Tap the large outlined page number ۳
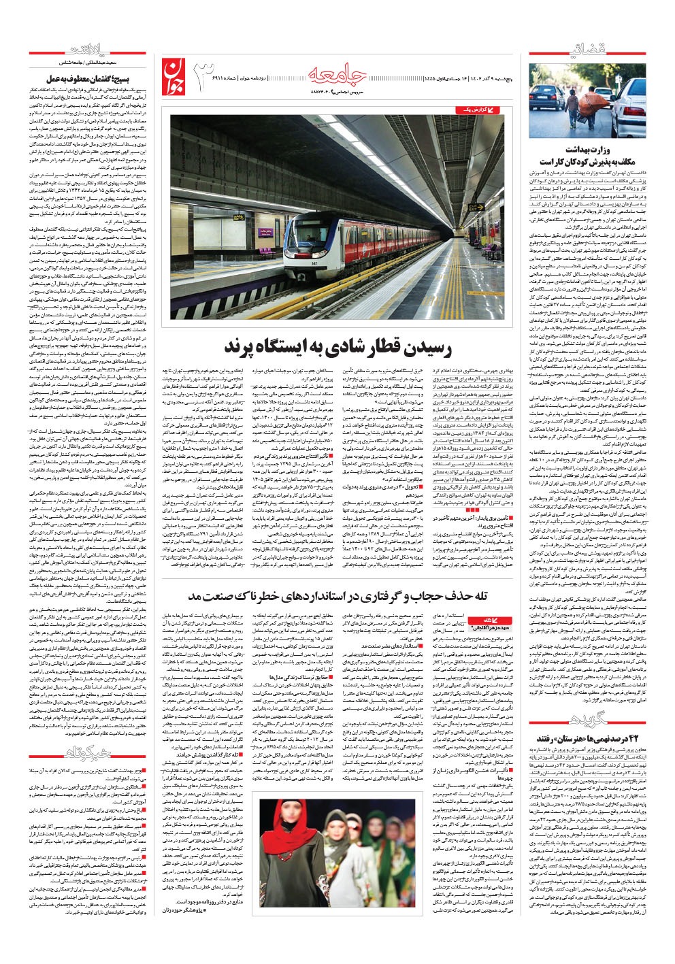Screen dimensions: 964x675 208,76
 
